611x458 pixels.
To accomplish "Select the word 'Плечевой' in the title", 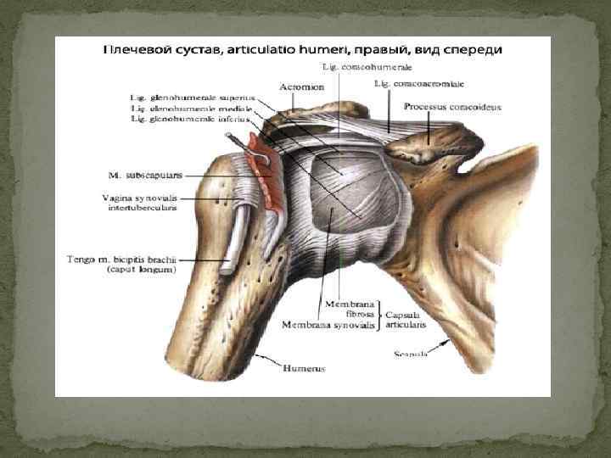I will (x=133, y=48).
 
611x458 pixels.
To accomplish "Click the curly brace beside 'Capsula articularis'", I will (x=379, y=316).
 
